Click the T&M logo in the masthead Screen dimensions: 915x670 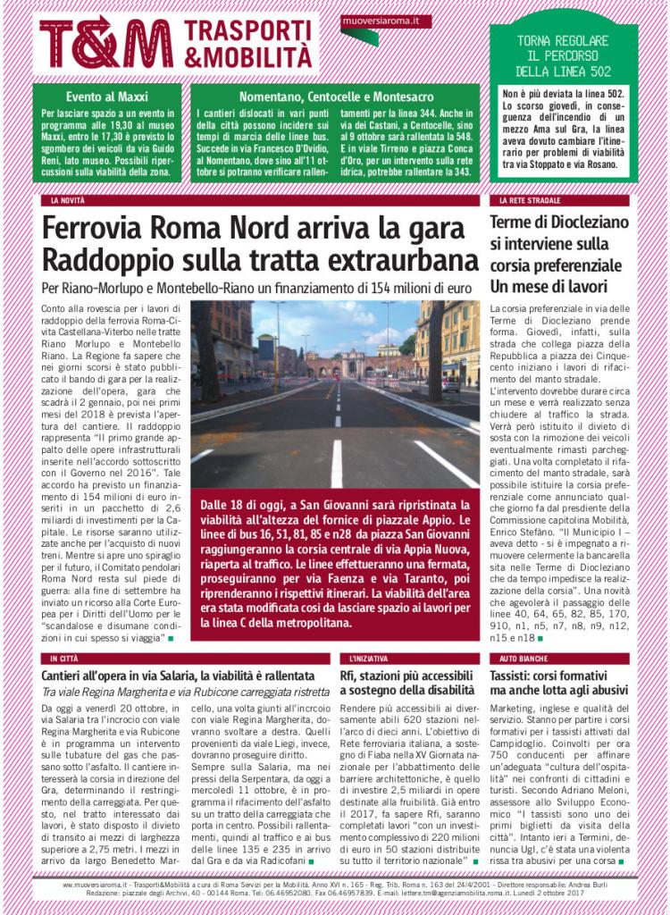[x=105, y=43]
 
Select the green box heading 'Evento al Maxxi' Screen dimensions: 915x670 [x=107, y=96]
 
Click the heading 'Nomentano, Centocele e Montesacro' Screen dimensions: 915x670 [x=335, y=96]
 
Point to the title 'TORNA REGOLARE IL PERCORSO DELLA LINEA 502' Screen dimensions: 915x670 [x=564, y=56]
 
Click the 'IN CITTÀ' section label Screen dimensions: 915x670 [x=64, y=659]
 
